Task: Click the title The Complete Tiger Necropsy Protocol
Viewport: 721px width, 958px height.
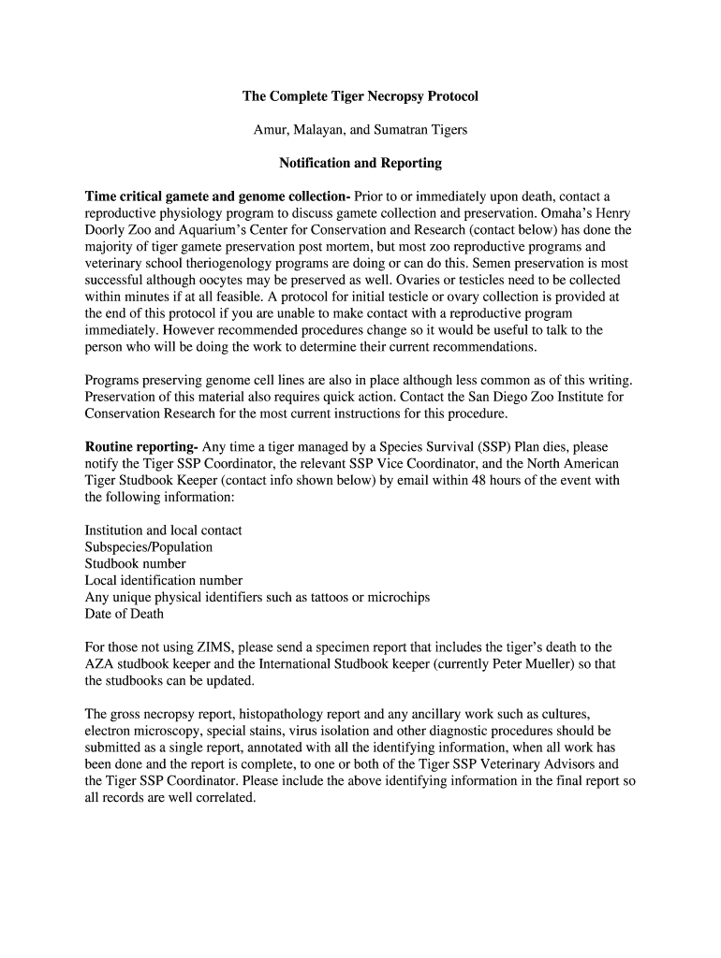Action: point(360,96)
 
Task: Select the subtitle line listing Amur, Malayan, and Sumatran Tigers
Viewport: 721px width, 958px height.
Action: point(360,130)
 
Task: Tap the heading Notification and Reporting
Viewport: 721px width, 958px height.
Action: point(360,163)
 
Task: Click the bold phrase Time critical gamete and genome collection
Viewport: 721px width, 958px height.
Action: point(217,196)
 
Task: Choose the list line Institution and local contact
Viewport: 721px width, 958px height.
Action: point(163,530)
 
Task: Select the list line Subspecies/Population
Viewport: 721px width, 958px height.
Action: point(148,547)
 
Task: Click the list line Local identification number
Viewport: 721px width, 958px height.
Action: point(163,581)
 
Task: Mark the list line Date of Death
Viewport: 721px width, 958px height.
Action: point(124,614)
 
